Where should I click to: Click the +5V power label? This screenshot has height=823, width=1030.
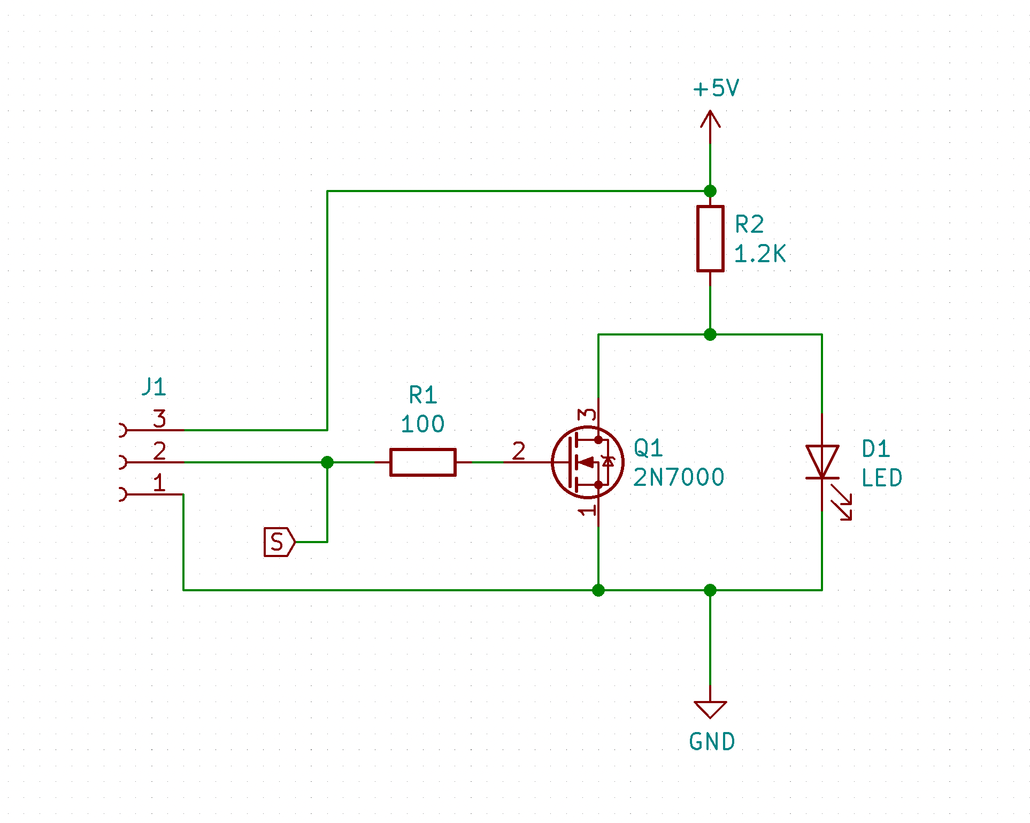(716, 88)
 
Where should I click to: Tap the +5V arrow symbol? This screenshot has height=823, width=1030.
(710, 120)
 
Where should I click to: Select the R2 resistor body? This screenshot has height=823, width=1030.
(710, 239)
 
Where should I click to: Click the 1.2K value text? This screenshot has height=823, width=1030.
(759, 254)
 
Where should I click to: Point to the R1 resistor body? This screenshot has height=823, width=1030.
(422, 462)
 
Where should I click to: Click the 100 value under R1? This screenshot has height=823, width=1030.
(422, 424)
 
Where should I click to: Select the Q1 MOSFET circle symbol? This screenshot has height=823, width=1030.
(587, 462)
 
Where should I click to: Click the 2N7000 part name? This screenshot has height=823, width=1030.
(678, 477)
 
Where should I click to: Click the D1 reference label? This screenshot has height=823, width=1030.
(875, 449)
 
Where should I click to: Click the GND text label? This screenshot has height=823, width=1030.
(712, 742)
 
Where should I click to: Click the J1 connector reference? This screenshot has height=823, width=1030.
(154, 386)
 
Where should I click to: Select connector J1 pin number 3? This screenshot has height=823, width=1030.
(159, 418)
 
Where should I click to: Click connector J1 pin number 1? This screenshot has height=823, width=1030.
(159, 483)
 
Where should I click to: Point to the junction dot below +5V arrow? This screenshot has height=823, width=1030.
(710, 191)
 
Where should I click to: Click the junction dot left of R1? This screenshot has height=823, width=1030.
(327, 462)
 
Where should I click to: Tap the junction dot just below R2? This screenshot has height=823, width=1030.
(710, 334)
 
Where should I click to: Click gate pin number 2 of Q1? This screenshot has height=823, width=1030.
(518, 451)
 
